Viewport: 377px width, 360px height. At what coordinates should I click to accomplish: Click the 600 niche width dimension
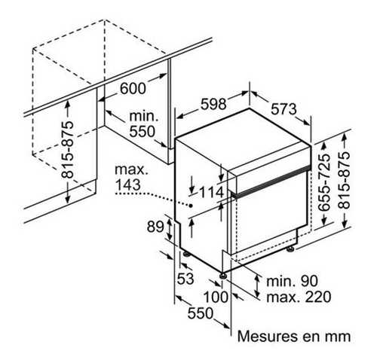[x=133, y=88]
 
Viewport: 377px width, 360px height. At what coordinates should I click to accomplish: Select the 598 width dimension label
[x=213, y=104]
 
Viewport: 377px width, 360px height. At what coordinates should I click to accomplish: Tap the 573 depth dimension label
[x=284, y=109]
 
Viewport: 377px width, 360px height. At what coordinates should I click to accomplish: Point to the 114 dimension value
[x=211, y=193]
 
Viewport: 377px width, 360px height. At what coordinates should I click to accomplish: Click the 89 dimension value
[x=155, y=227]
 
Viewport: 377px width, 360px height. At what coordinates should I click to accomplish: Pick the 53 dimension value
[x=185, y=279]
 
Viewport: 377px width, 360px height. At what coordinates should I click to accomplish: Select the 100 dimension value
[x=216, y=297]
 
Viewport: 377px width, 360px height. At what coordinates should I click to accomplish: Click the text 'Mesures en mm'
[x=294, y=336]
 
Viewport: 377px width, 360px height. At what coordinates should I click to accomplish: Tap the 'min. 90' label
[x=292, y=281]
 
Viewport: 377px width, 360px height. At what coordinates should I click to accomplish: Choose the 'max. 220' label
[x=299, y=297]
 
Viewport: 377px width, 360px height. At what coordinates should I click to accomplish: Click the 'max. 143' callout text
[x=131, y=178]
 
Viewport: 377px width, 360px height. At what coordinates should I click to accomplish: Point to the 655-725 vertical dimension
[x=323, y=182]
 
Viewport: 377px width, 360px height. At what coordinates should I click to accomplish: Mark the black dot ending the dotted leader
[x=191, y=206]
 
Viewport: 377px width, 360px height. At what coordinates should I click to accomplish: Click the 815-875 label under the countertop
[x=68, y=150]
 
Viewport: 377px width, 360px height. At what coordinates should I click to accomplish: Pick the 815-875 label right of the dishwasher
[x=344, y=180]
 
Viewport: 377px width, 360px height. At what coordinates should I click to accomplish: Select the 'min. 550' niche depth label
[x=143, y=124]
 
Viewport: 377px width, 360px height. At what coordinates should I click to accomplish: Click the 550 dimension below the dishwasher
[x=201, y=313]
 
